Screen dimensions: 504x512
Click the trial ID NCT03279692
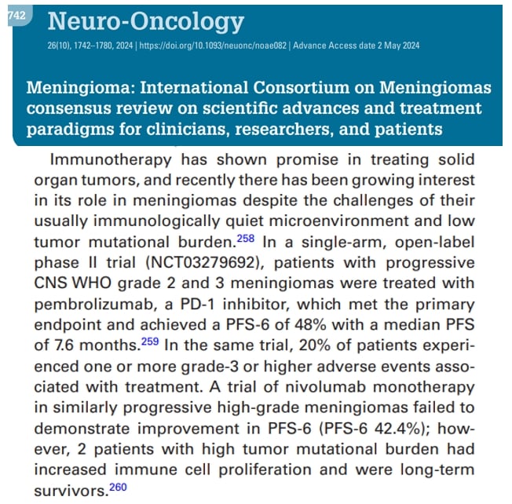click(217, 262)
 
